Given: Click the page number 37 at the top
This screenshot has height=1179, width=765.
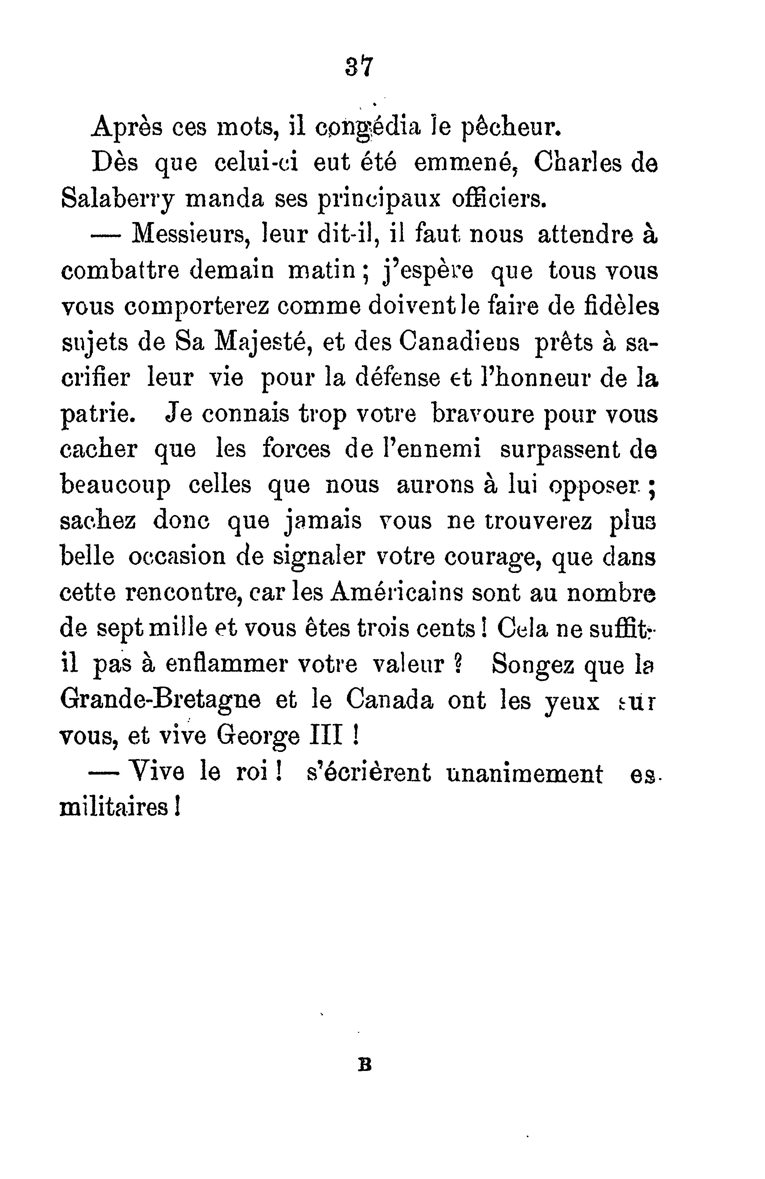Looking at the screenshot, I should point(358,66).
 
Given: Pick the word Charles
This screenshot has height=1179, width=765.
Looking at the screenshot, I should point(577,164).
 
